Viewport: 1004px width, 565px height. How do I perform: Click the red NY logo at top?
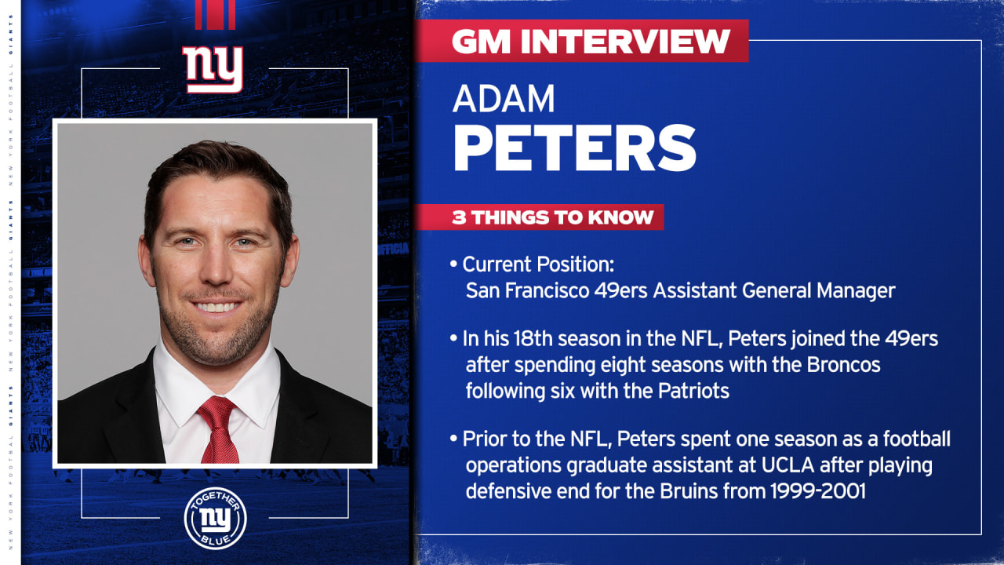coord(213,69)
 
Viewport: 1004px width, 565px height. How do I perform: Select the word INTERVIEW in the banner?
coord(619,42)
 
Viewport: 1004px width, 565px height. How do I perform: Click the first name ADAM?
coord(504,98)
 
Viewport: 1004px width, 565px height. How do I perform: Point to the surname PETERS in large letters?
coord(575,147)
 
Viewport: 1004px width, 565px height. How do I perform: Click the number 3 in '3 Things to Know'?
coord(458,217)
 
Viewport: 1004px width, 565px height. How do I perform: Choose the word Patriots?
coord(691,390)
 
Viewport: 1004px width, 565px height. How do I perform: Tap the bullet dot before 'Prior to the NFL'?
coord(454,440)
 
